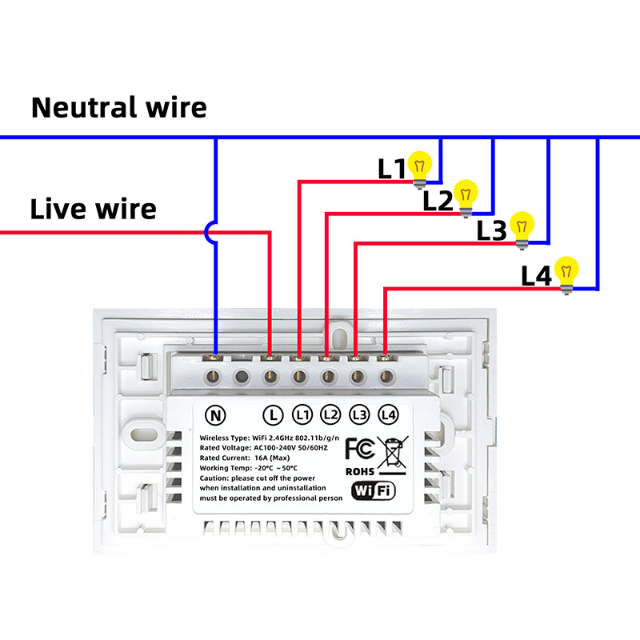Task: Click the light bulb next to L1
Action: coord(420,167)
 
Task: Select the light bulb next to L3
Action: coord(522,226)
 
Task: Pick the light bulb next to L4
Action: coord(567,272)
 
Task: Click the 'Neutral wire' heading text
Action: coord(118,107)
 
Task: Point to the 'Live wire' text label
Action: coord(93,210)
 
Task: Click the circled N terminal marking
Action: coord(215,415)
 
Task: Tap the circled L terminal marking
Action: coord(274,415)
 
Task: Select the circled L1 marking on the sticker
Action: coord(302,415)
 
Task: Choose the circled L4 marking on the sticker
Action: coord(388,415)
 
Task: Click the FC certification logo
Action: coord(359,448)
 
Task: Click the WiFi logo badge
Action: coord(372,490)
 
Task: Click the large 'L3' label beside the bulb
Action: coord(491,230)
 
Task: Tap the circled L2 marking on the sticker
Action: coord(330,415)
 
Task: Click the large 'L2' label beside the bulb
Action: coord(438,201)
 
